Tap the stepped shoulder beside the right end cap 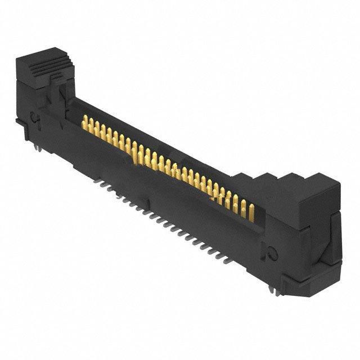coord(247,180)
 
